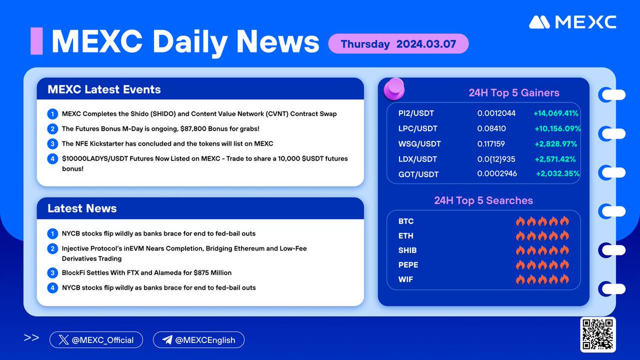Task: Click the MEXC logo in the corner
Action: [573, 22]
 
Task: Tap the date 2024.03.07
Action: [426, 44]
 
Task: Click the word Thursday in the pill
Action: [365, 44]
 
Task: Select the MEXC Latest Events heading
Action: [104, 89]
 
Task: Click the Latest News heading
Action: [82, 209]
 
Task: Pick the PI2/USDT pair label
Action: [417, 114]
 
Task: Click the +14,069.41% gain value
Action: [556, 114]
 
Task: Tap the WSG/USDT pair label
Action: [420, 143]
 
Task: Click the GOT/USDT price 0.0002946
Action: [497, 173]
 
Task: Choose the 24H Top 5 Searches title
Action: [483, 201]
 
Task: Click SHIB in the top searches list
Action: [407, 250]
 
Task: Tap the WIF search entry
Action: [405, 279]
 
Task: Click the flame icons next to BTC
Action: [542, 221]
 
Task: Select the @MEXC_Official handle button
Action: [96, 340]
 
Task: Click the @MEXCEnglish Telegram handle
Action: [198, 340]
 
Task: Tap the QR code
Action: [598, 334]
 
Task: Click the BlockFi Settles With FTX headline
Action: [147, 273]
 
